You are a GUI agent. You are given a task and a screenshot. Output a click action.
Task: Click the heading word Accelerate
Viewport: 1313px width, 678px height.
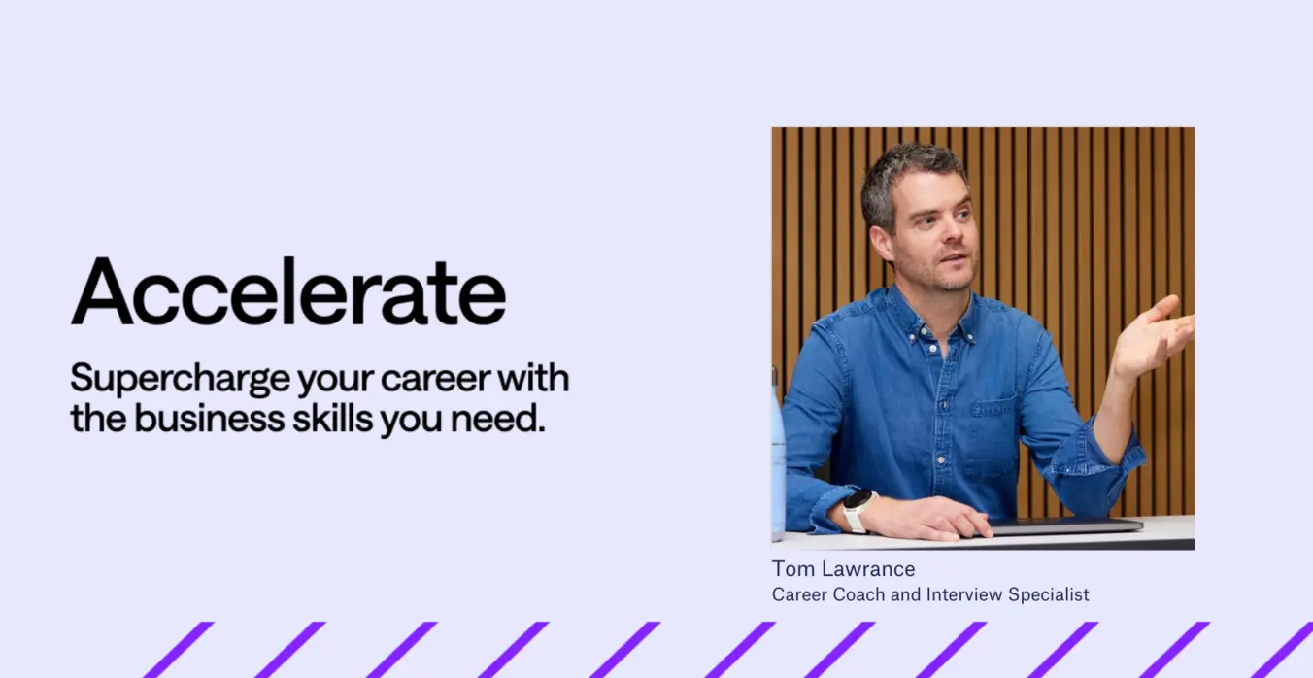click(x=288, y=291)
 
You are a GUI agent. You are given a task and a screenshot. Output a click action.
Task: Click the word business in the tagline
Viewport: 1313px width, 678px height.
click(x=209, y=419)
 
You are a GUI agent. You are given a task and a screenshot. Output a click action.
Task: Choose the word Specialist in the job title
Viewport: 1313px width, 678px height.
click(x=1049, y=595)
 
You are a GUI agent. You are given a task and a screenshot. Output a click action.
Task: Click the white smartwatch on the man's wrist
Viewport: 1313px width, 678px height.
click(x=858, y=510)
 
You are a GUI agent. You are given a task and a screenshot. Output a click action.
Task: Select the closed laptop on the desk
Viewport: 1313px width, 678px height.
click(x=1063, y=526)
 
